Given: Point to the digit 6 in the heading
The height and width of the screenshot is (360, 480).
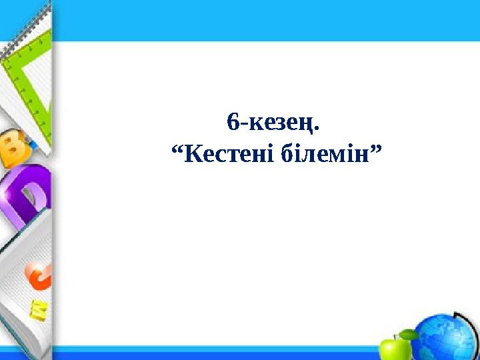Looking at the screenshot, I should click(232, 122).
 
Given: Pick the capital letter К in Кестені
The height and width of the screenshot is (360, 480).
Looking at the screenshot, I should click(191, 155).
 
